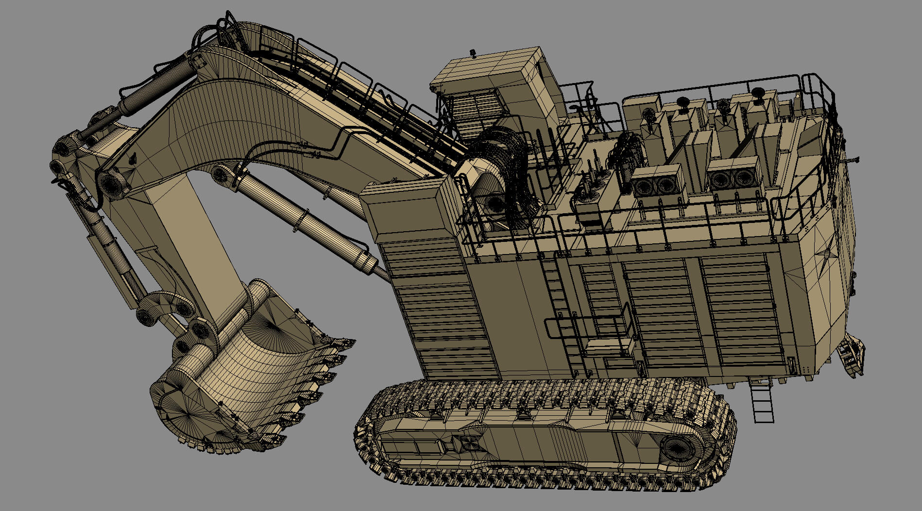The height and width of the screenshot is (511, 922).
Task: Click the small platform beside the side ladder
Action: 610,346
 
